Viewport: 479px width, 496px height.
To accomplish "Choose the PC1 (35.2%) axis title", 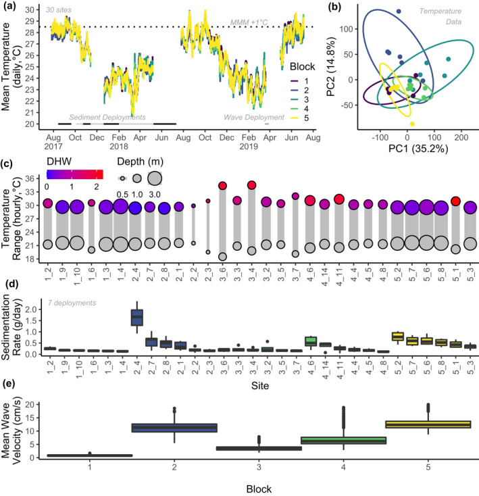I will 407,147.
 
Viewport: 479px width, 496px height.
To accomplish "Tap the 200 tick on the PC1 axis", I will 460,135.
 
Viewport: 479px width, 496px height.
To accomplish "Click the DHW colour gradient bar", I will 74,172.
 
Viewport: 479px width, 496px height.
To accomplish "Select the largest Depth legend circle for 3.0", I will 154,178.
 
